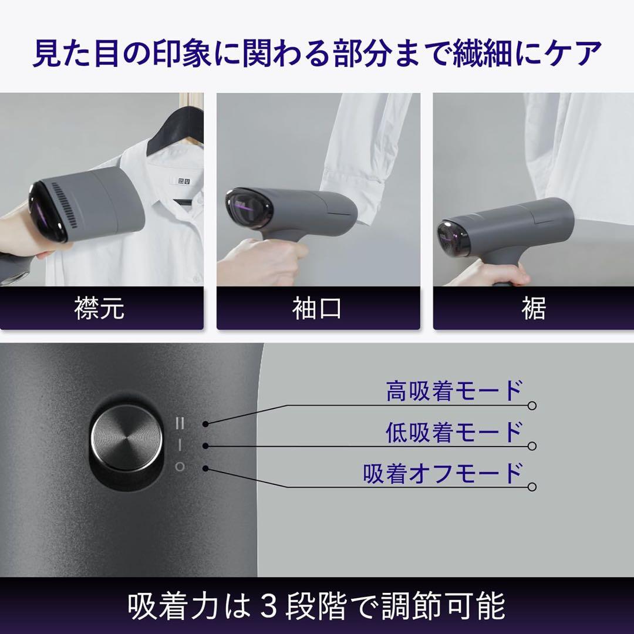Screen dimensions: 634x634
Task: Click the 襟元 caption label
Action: (100, 308)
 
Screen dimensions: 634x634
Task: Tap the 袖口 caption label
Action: (317, 308)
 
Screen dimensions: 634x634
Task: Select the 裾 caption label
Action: (533, 308)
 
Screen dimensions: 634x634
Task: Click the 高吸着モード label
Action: (454, 391)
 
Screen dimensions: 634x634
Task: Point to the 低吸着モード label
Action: (454, 432)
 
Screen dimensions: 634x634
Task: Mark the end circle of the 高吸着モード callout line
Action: (532, 406)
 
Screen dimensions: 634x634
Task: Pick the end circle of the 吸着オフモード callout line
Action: (532, 487)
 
